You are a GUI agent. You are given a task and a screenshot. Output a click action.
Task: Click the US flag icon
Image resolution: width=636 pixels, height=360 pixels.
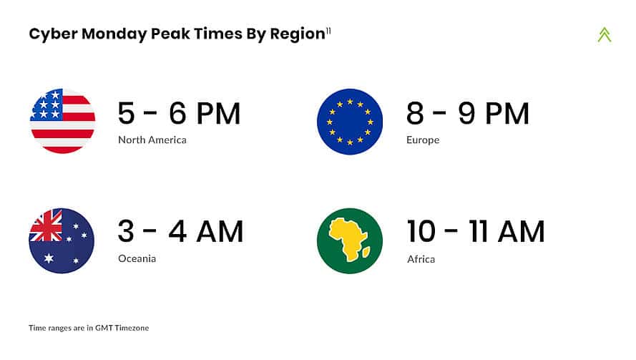click(62, 121)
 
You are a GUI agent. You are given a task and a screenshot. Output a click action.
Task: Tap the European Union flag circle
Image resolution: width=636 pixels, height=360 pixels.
click(350, 122)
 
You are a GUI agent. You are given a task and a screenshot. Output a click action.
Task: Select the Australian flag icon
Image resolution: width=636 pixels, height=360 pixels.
click(62, 240)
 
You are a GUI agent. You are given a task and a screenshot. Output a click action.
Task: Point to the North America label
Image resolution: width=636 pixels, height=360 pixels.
click(152, 140)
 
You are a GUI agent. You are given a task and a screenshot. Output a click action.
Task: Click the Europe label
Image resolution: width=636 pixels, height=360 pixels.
click(423, 140)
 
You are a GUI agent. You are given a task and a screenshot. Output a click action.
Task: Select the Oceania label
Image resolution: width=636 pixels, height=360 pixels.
click(137, 258)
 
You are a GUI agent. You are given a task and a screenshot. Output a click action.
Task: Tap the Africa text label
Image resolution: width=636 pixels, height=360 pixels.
click(421, 259)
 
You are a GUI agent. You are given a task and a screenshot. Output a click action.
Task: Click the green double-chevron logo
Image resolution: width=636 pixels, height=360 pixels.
click(605, 34)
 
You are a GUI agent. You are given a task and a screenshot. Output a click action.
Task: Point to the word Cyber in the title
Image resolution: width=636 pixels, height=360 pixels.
click(53, 34)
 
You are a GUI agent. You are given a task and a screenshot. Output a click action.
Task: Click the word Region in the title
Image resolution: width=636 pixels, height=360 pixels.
click(298, 34)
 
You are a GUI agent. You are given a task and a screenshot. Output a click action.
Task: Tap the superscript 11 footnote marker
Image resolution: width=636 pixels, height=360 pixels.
click(328, 31)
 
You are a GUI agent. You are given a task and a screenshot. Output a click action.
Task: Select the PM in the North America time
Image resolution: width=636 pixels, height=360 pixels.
click(219, 113)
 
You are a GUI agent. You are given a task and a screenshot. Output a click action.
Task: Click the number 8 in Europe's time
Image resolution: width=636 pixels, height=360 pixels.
click(415, 113)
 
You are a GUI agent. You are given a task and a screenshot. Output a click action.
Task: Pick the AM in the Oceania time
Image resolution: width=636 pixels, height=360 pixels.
click(220, 231)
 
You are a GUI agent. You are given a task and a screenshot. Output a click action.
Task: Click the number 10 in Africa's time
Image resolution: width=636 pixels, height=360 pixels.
click(421, 231)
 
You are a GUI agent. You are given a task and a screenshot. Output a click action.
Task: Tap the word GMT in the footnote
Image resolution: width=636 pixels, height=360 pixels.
click(104, 328)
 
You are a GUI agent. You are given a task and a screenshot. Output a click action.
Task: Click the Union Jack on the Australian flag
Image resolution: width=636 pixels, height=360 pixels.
click(47, 225)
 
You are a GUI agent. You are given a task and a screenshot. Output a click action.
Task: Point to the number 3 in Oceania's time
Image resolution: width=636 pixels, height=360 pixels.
click(126, 231)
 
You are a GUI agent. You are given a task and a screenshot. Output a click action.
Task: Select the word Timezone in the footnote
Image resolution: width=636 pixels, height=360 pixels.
click(132, 328)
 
